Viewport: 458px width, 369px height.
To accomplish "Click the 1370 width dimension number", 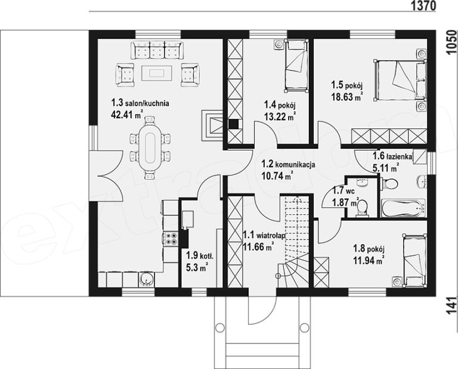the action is pos(423,5).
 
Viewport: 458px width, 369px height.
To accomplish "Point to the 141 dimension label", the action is pos(451,306).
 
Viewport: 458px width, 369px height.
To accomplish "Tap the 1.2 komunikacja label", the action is pos(288,164).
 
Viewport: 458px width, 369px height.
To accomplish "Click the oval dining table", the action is pos(150,147).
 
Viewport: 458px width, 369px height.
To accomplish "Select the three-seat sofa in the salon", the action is pos(157,50).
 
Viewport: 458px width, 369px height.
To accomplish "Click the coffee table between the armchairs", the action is pos(157,72).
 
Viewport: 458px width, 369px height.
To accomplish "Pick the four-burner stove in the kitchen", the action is pos(171,239).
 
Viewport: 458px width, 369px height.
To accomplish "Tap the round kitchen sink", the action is pos(146,279).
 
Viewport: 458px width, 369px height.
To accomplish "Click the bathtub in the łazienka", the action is pos(403,208).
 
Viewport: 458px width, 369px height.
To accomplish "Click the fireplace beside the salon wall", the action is pos(212,126).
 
